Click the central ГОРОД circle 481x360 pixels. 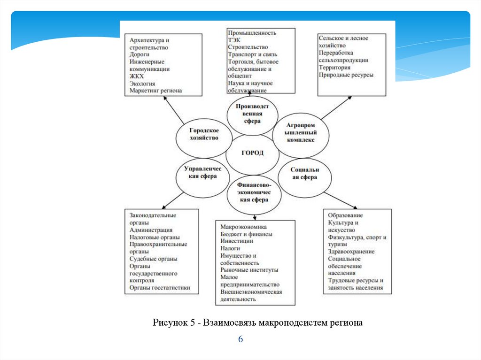coord(252,153)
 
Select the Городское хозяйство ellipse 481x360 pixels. coord(204,135)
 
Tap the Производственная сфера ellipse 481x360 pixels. coord(252,114)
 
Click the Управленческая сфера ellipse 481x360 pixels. coord(203,172)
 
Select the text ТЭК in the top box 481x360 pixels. coord(234,40)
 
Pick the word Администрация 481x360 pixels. coord(150,230)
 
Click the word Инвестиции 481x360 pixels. coord(237,241)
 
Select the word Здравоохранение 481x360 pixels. coord(351,252)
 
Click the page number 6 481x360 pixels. coord(240,339)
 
